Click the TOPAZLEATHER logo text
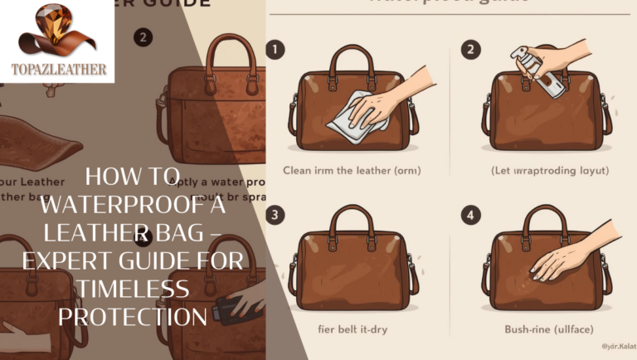[x=57, y=70]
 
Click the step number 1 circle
[x=274, y=51]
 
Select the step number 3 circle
[x=274, y=214]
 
